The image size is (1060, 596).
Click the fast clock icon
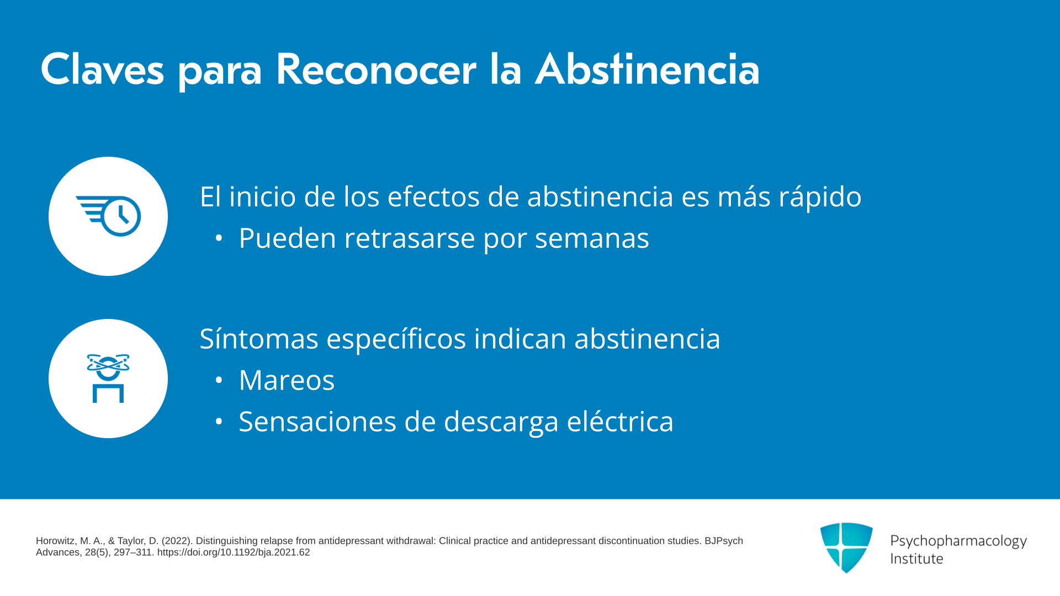[108, 216]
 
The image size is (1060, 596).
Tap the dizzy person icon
[108, 379]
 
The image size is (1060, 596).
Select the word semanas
[592, 238]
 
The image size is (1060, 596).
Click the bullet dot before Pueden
[219, 238]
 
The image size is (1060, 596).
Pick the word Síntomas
[259, 338]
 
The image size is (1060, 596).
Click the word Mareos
[287, 380]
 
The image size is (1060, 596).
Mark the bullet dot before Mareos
[219, 380]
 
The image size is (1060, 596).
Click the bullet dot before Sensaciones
[219, 422]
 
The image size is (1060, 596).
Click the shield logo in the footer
[846, 547]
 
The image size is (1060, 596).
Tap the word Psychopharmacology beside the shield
[958, 541]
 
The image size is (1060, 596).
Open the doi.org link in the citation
[234, 552]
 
